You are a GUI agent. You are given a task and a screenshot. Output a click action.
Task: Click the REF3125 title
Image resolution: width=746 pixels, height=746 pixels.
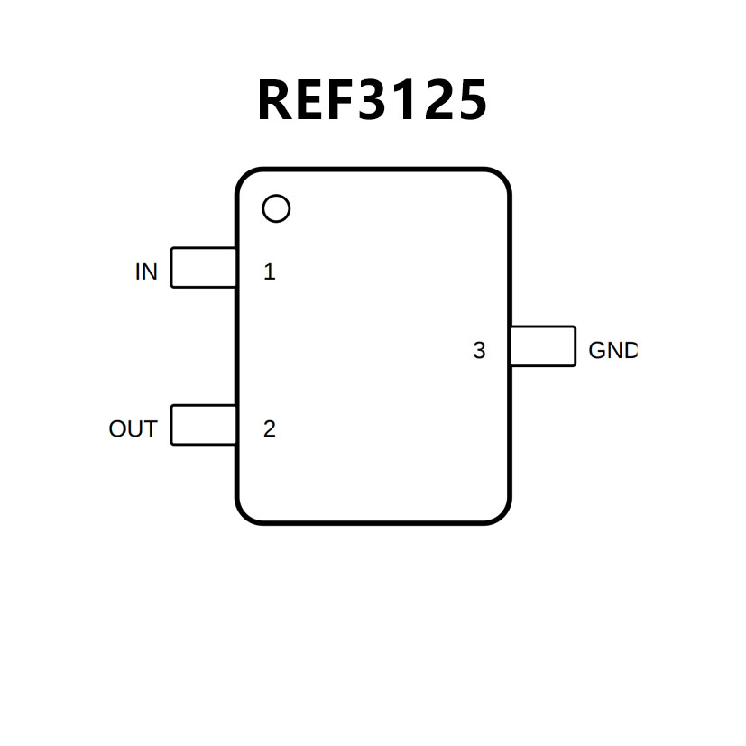click(372, 100)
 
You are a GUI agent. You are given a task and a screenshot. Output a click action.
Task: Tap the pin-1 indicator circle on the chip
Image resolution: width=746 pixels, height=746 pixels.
click(276, 209)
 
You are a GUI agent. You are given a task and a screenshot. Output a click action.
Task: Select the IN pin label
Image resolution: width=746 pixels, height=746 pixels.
click(146, 272)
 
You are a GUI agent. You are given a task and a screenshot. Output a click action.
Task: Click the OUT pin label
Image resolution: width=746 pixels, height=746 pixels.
click(133, 429)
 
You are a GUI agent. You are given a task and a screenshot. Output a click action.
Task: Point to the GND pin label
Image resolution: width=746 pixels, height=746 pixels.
click(612, 351)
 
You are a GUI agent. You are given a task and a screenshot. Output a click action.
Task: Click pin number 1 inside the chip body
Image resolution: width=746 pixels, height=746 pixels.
click(269, 272)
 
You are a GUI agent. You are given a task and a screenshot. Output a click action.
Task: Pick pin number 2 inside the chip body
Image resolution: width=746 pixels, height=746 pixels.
click(269, 429)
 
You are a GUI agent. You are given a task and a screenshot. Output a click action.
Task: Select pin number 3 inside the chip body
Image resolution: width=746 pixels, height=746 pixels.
click(479, 351)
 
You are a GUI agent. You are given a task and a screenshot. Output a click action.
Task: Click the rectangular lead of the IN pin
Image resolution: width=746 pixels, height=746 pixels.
click(204, 268)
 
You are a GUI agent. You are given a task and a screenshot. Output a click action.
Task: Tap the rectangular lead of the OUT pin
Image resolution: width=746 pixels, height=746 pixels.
click(204, 425)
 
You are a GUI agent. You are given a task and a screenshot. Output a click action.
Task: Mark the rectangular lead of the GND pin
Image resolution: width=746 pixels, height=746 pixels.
click(542, 346)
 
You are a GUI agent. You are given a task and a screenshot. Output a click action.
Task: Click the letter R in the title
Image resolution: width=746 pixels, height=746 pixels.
click(277, 100)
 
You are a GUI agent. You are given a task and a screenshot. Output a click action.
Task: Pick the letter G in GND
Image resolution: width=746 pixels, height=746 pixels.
click(598, 351)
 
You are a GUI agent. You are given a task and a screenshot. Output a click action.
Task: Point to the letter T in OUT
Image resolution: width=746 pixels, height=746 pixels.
click(149, 429)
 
